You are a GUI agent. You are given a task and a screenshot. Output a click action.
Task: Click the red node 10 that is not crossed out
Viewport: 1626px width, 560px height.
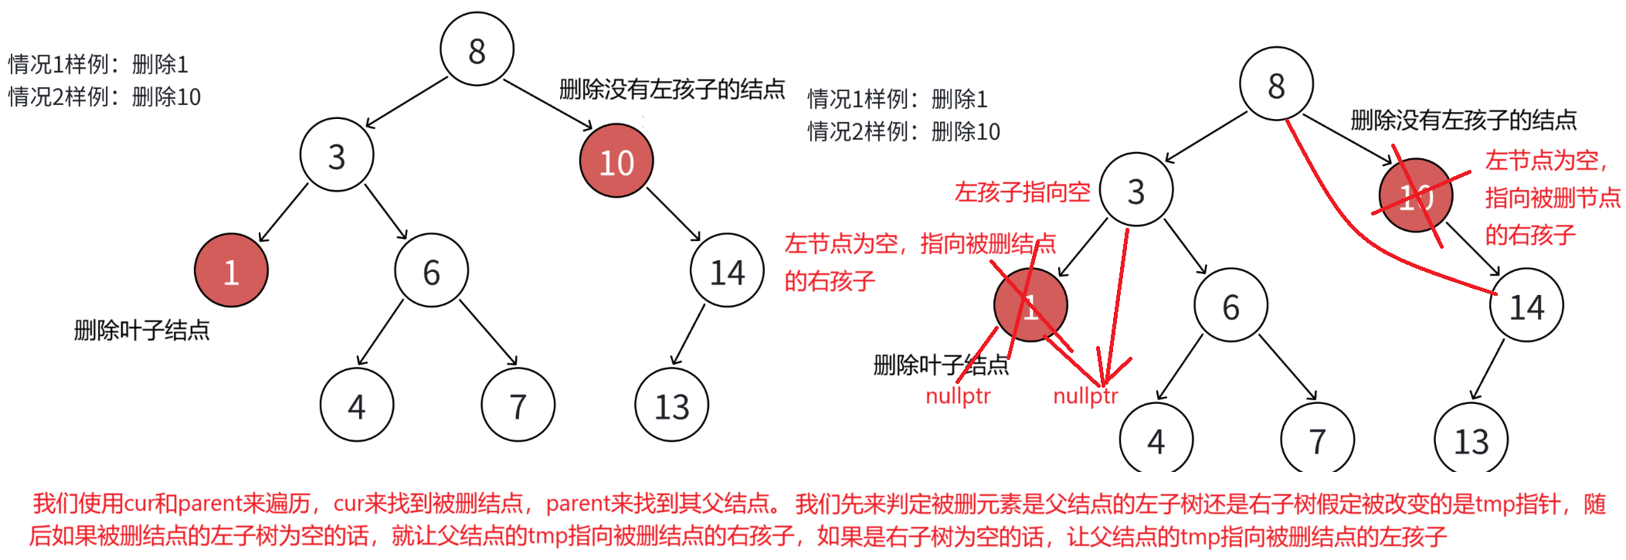[616, 161]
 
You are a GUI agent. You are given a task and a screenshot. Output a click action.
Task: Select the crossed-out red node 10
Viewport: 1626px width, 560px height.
[1415, 195]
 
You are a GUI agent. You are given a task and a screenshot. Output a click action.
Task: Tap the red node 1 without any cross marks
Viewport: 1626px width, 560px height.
[231, 270]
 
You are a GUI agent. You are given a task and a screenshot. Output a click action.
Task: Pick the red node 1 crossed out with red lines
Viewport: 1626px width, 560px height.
[1030, 305]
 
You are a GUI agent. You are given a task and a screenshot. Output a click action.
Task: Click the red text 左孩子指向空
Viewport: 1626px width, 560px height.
[1022, 192]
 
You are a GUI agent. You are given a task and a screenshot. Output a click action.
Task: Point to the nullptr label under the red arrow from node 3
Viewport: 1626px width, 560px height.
[1085, 396]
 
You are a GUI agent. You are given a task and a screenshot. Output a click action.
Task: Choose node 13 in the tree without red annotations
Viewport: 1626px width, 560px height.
[671, 405]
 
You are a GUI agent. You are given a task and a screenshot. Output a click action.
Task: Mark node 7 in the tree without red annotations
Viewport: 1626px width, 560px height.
[518, 405]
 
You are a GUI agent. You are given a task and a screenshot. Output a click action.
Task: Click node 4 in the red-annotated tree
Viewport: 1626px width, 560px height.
[1156, 440]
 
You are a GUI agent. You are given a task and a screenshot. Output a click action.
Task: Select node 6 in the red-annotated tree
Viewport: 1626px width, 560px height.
[1231, 306]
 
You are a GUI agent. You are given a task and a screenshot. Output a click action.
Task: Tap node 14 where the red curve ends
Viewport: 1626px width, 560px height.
[1526, 306]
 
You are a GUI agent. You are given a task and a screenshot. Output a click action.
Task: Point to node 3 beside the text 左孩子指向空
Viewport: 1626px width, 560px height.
[1135, 190]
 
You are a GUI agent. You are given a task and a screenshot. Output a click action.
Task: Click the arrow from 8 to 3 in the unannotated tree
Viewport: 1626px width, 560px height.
[406, 102]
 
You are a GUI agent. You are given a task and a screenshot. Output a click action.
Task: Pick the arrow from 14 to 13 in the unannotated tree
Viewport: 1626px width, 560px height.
[688, 334]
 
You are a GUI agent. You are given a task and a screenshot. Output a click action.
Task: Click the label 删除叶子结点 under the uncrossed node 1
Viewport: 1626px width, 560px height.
[141, 331]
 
